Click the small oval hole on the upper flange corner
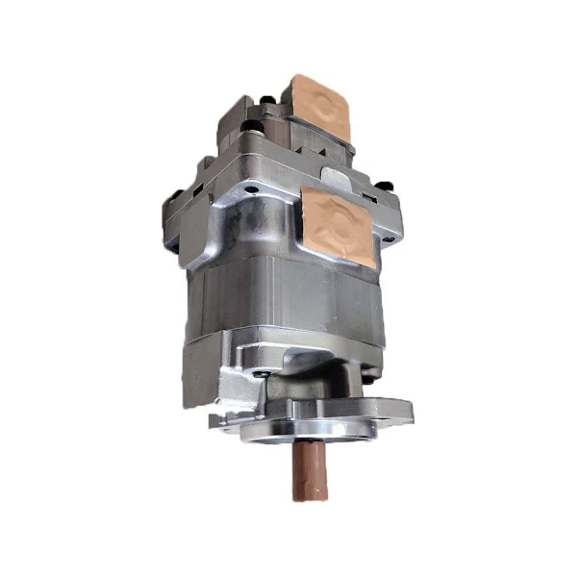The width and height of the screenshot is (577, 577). tap(252, 189)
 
